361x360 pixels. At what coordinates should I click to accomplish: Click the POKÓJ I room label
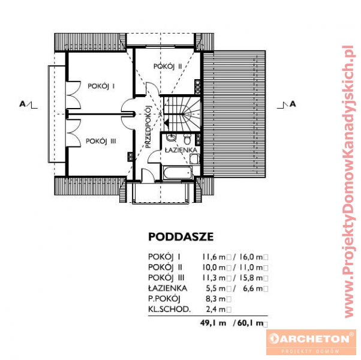pyautogui.click(x=101, y=86)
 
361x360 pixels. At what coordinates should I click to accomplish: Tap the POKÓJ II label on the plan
pyautogui.click(x=168, y=67)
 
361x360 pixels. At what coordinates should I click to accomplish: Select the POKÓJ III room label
pyautogui.click(x=101, y=141)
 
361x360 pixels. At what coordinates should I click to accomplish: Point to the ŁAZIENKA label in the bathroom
pyautogui.click(x=181, y=150)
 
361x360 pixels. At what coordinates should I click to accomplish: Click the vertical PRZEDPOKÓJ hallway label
pyautogui.click(x=148, y=127)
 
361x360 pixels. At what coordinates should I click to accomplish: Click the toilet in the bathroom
pyautogui.click(x=187, y=139)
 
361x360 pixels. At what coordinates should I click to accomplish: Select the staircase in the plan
pyautogui.click(x=182, y=113)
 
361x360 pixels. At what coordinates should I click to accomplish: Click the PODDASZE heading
pyautogui.click(x=181, y=237)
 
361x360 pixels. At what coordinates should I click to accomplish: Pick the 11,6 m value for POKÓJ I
pyautogui.click(x=213, y=257)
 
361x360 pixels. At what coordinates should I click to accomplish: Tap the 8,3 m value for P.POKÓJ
pyautogui.click(x=215, y=299)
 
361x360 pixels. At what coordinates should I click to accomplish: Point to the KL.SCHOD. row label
pyautogui.click(x=170, y=309)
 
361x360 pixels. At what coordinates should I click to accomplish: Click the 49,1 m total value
pyautogui.click(x=213, y=323)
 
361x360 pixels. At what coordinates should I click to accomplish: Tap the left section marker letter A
pyautogui.click(x=22, y=104)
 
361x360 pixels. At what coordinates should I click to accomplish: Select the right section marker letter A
pyautogui.click(x=293, y=104)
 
